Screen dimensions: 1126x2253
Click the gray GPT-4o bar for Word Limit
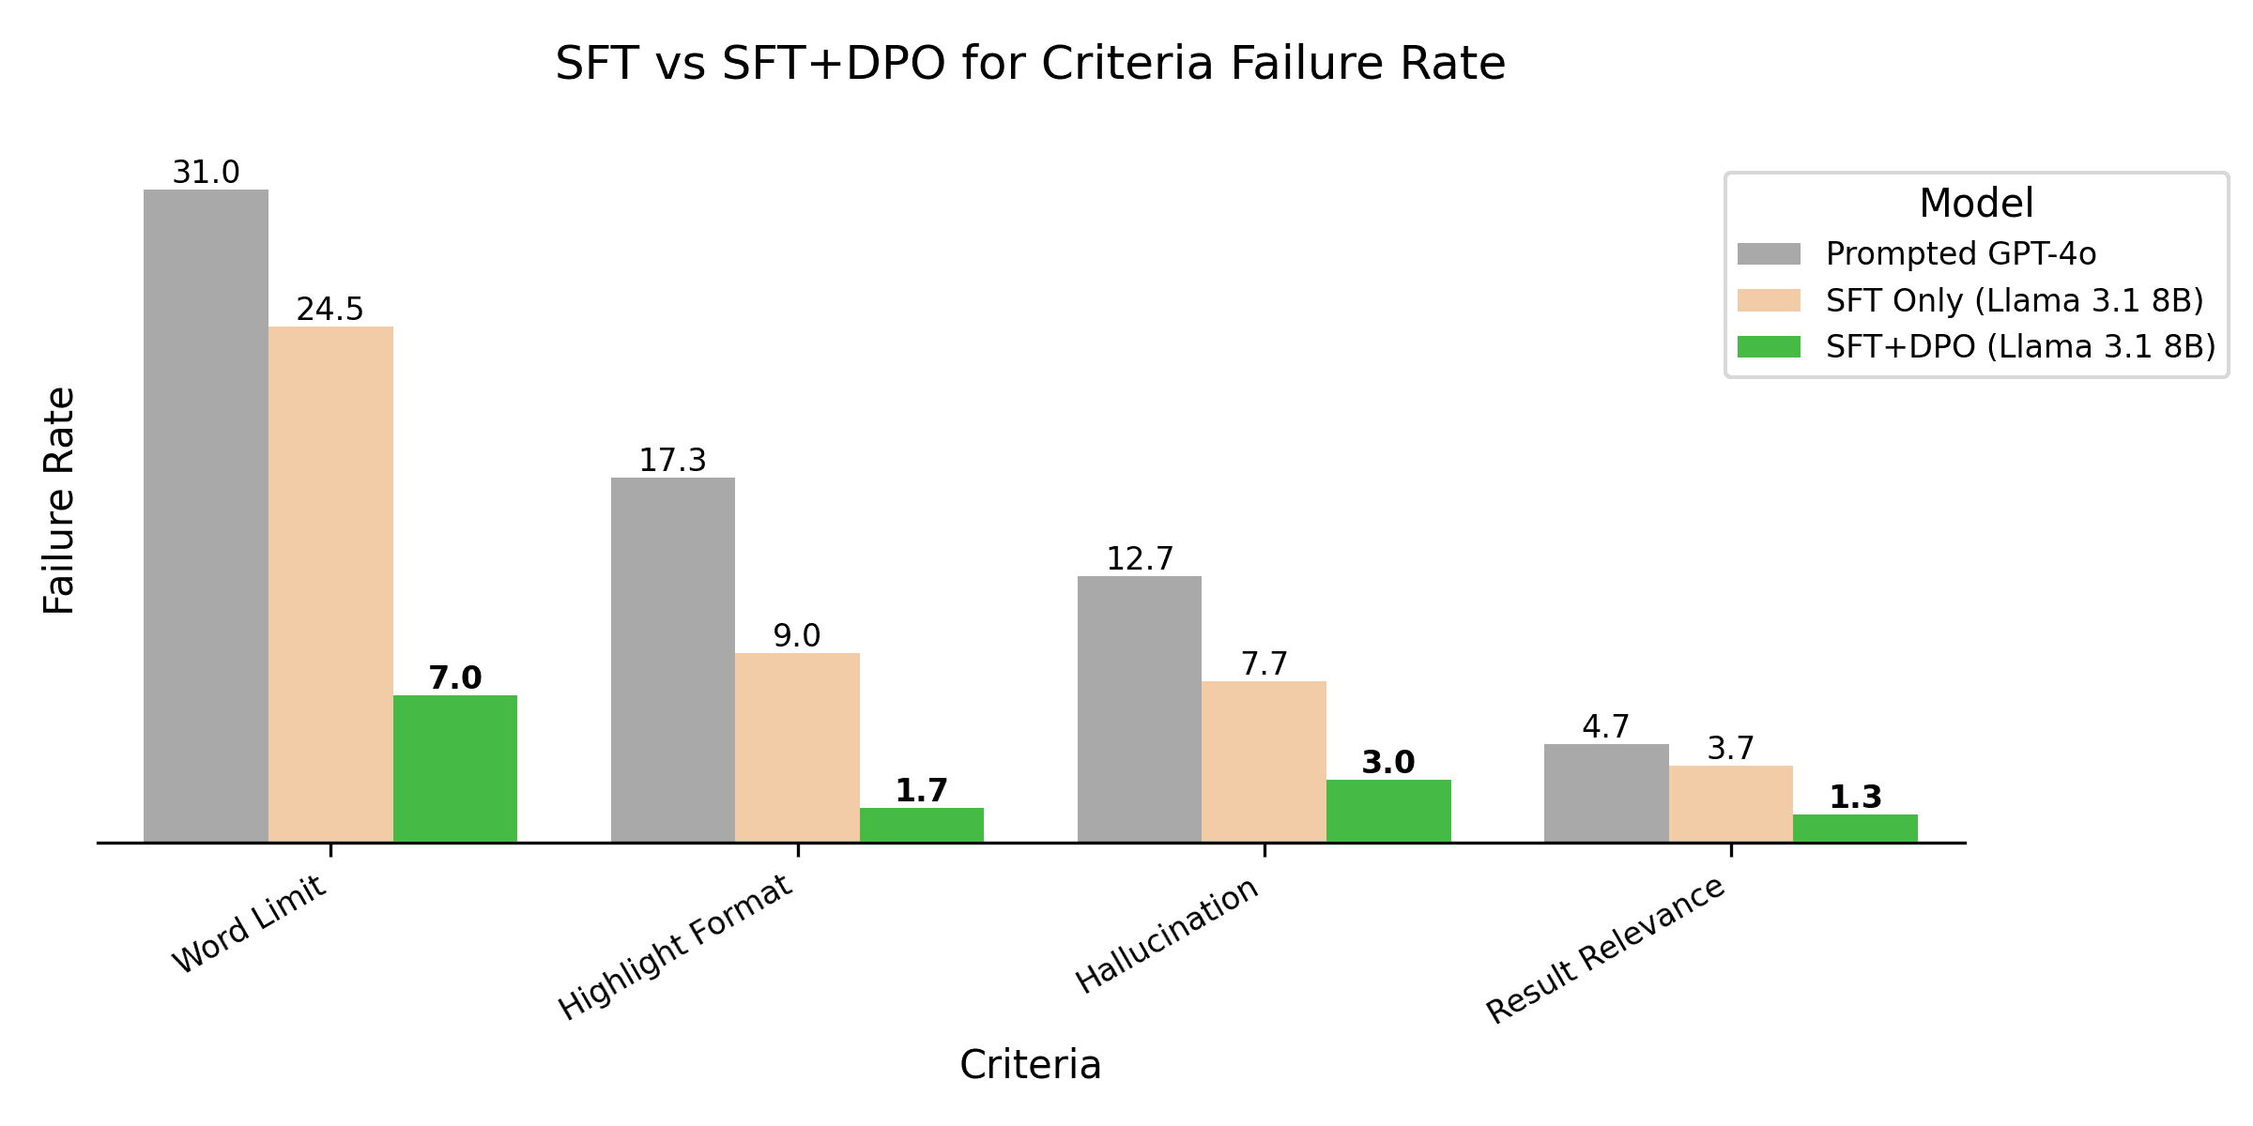coord(206,516)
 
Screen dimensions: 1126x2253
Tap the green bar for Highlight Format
coord(921,825)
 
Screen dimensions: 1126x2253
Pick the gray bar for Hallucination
coord(1139,708)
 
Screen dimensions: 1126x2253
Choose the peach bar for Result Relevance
coord(1730,804)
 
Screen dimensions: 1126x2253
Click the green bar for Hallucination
coord(1387,811)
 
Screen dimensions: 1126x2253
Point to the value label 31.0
coord(206,173)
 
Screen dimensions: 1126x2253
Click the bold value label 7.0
coord(454,677)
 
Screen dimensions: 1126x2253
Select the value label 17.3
coord(672,461)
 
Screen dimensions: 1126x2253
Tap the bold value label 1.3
coord(1855,798)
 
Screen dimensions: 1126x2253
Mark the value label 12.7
coord(1139,559)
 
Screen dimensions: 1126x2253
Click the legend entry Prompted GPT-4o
coord(1960,254)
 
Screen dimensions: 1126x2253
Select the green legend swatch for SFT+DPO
coord(1769,347)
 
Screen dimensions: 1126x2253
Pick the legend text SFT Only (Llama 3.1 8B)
coord(2014,300)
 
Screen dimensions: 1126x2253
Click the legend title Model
coord(1976,204)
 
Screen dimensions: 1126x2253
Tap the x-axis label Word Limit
coord(249,924)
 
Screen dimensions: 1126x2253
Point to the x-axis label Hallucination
coord(1167,936)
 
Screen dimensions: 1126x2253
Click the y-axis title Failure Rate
coord(59,501)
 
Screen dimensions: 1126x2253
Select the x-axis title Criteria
coord(1030,1065)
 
